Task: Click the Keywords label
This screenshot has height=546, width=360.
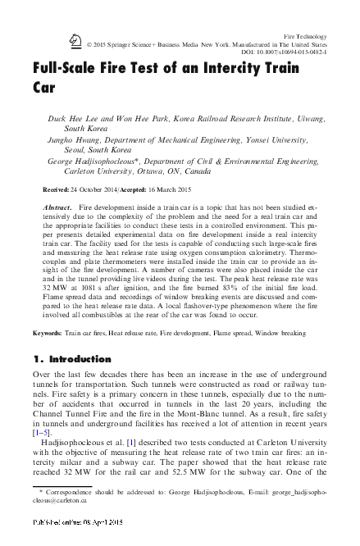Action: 48,357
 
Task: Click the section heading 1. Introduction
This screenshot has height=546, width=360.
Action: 71,382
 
